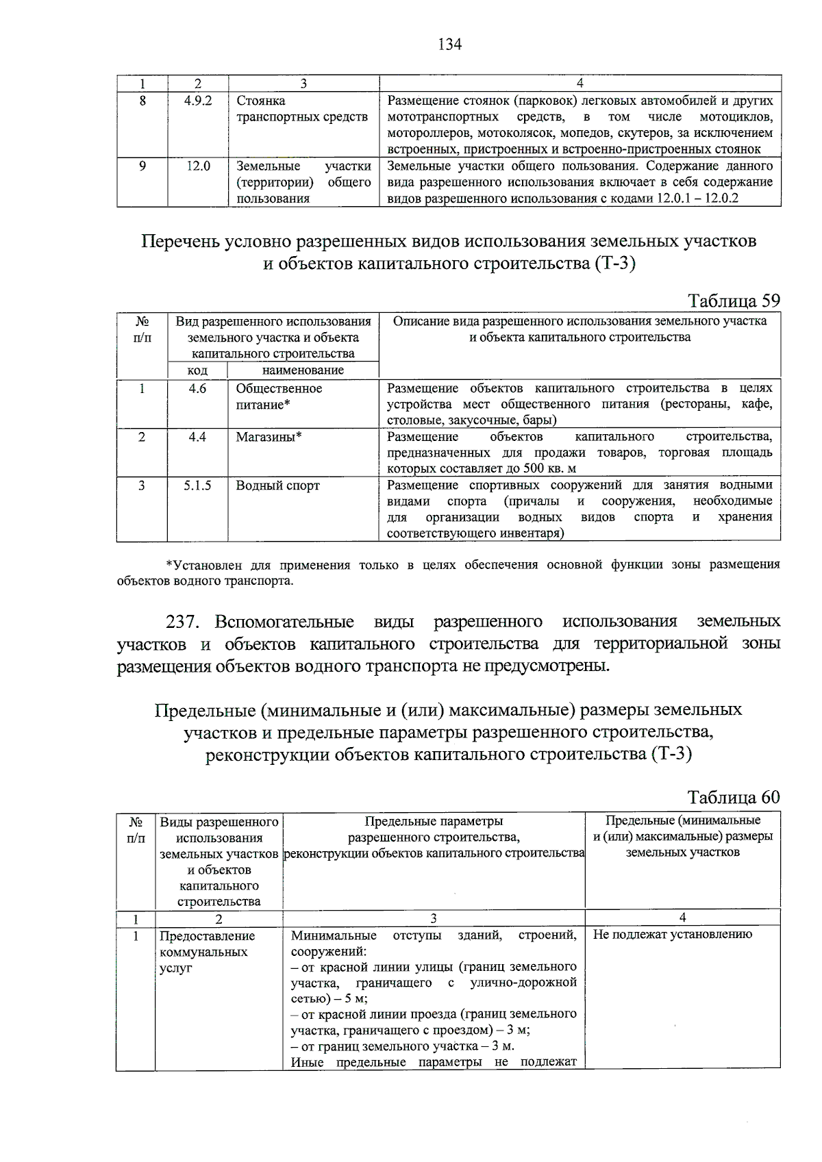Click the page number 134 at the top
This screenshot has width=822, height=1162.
tap(449, 45)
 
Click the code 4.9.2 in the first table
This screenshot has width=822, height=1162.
tap(198, 101)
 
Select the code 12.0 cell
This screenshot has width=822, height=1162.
tap(198, 166)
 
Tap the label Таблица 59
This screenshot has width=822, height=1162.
tap(734, 301)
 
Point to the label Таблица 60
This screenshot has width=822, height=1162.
tap(734, 797)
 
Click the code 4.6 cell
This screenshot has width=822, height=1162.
tap(198, 388)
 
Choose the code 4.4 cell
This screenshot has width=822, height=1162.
tap(198, 437)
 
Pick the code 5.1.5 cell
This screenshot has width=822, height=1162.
tap(198, 485)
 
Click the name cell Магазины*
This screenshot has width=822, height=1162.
tap(269, 437)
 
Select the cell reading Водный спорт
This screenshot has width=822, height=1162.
tap(277, 485)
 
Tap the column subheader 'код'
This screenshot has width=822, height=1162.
tap(198, 370)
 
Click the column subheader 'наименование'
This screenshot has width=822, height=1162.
tap(303, 370)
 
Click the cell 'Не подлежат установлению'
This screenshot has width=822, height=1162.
tap(672, 935)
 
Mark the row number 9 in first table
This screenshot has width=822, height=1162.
tap(142, 166)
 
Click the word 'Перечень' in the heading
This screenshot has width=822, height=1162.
tap(179, 242)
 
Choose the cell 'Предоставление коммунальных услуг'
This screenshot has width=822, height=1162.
tap(207, 952)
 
